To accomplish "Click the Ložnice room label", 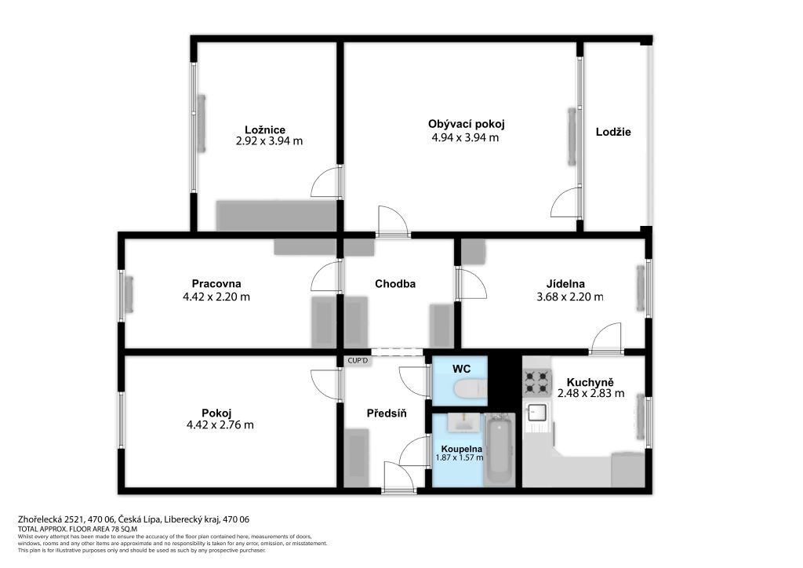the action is (265, 130).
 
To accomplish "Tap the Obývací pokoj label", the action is (467, 124).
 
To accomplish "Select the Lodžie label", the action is (613, 132).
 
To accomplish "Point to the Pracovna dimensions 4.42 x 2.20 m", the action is (216, 297).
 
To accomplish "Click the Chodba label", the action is (395, 284).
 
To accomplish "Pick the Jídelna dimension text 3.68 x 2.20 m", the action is (570, 297).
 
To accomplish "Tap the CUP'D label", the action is (358, 361).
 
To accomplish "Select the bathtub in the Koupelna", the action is (500, 450).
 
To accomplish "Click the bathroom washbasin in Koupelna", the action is (465, 422).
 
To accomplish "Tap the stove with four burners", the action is (537, 382).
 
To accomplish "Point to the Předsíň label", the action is (387, 413).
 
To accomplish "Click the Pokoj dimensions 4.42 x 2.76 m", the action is (220, 425).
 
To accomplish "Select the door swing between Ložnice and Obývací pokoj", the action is (325, 181).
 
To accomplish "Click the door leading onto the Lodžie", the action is (566, 202).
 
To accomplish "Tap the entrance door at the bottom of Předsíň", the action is (398, 477).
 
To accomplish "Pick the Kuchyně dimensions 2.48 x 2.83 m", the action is (590, 393).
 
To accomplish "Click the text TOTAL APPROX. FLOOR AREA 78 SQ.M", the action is (78, 529).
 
